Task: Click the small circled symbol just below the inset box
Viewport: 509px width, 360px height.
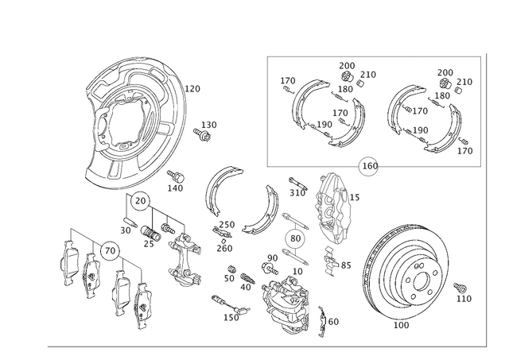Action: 368,165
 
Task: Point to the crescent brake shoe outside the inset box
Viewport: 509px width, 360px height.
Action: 239,203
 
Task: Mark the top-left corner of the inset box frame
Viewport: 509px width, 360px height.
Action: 266,54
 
